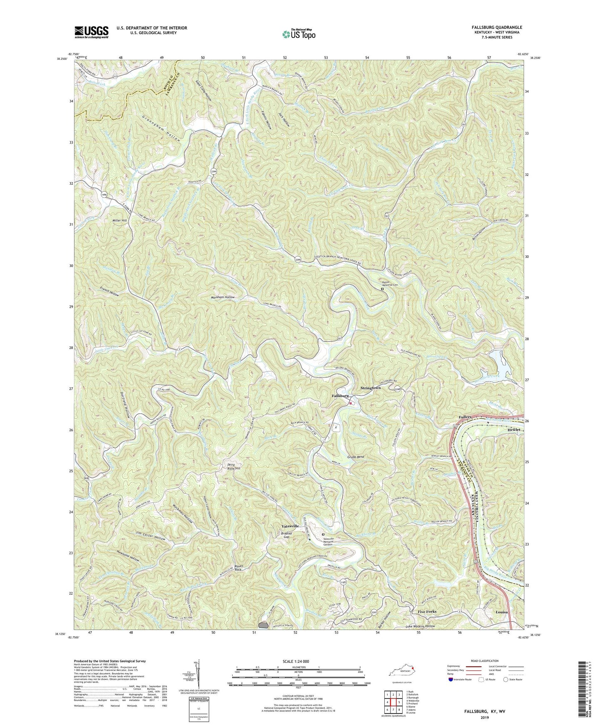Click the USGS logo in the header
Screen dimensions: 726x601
tap(92, 32)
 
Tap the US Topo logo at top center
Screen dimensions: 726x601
tap(298, 34)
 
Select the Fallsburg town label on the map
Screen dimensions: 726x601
tap(340, 396)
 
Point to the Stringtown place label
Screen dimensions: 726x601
tap(370, 388)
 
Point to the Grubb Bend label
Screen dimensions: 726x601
tap(356, 457)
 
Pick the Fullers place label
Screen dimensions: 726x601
tap(465, 417)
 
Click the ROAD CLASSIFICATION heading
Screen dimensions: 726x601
tap(484, 661)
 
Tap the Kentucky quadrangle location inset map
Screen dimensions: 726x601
tap(401, 672)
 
